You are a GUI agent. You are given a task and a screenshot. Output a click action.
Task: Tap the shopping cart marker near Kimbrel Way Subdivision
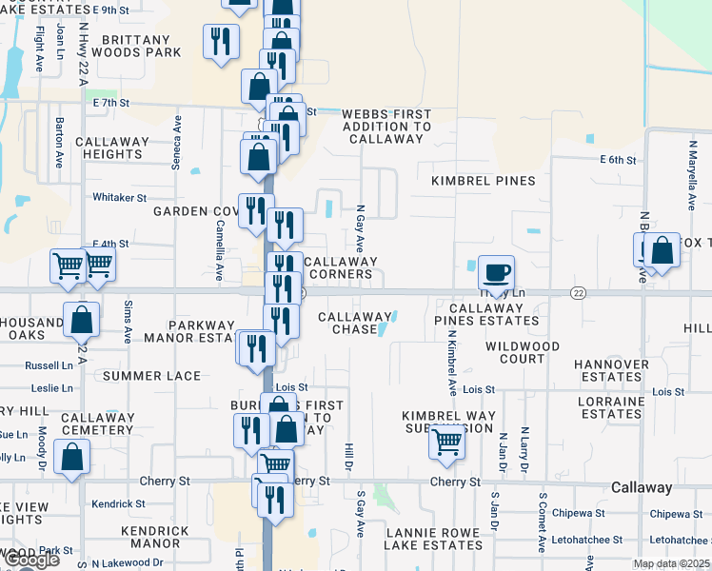[446, 442]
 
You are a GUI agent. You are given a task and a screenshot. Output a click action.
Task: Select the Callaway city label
[642, 487]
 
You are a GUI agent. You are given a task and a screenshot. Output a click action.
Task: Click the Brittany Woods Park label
[136, 46]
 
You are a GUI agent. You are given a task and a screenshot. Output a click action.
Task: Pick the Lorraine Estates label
[610, 407]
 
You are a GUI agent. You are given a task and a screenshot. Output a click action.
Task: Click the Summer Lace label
[152, 376]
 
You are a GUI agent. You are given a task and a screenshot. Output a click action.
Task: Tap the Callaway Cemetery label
[97, 423]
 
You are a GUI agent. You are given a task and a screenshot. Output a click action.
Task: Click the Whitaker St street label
[119, 198]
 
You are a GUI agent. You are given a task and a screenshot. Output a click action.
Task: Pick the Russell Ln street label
[49, 364]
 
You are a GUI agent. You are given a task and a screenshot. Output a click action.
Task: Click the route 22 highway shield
[578, 293]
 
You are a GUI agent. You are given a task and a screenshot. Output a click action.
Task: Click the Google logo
[31, 560]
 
